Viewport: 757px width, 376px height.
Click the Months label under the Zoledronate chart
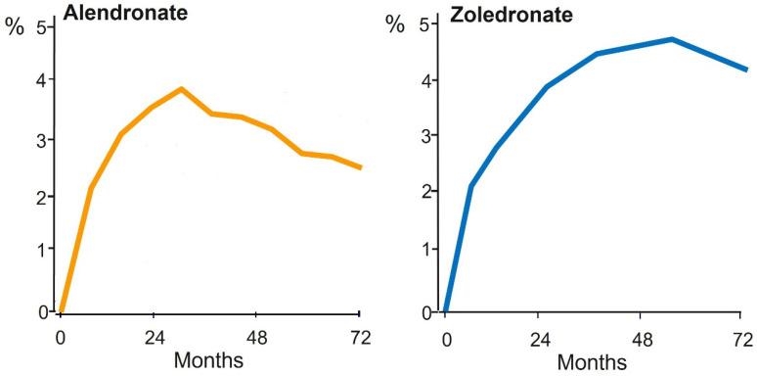click(x=592, y=361)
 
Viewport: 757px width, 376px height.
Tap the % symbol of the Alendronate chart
click(x=14, y=25)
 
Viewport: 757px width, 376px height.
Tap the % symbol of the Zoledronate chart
click(x=395, y=24)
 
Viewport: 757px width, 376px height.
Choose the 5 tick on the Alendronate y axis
click(x=41, y=26)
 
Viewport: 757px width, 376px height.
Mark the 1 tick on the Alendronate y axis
click(x=41, y=250)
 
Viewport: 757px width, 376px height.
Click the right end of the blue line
click(x=746, y=70)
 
